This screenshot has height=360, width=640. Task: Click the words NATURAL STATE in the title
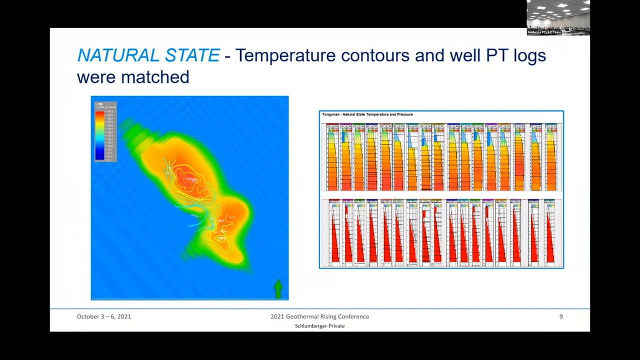click(x=148, y=55)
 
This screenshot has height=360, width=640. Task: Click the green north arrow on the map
click(x=278, y=288)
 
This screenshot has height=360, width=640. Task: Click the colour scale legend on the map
click(x=105, y=131)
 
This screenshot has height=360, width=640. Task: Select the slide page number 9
click(x=560, y=316)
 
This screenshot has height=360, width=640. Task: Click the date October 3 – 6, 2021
click(x=104, y=316)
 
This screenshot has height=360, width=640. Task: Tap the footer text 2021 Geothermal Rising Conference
click(x=319, y=316)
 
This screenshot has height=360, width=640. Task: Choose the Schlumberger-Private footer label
click(x=319, y=326)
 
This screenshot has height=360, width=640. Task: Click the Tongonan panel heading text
click(x=367, y=114)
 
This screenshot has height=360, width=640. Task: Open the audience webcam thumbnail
click(x=558, y=17)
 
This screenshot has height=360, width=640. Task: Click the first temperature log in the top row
click(x=333, y=157)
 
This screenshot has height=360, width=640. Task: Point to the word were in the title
click(x=96, y=77)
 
